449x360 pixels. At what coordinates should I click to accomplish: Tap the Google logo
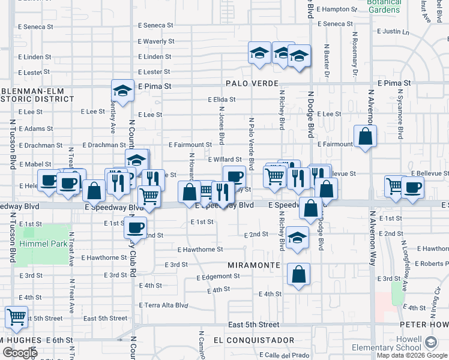pos(20,353)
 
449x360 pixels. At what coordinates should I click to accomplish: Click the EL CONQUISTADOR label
pos(253,340)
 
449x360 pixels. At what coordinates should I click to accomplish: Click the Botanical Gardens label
pos(384,6)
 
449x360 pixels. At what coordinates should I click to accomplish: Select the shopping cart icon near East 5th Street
pos(16,316)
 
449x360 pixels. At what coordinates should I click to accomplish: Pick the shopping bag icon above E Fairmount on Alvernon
pos(365,136)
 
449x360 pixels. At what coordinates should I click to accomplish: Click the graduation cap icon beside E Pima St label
pos(122,91)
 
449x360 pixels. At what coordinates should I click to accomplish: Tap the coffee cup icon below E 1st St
pos(136,227)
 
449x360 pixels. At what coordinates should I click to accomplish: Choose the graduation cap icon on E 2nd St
pos(298,236)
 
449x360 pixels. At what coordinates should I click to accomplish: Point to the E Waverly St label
pos(155,41)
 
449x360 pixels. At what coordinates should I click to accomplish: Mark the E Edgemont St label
pos(218,277)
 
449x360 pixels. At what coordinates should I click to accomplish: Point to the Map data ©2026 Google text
pos(412,355)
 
